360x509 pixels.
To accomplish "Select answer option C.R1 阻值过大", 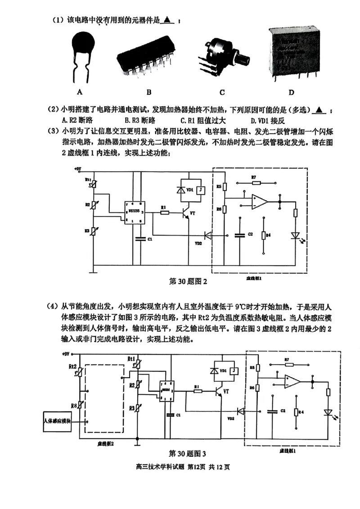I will (203, 121).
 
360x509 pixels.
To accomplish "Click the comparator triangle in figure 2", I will (259, 201).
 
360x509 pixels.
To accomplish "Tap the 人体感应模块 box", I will (57, 421).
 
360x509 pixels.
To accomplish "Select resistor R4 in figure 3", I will (296, 413).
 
